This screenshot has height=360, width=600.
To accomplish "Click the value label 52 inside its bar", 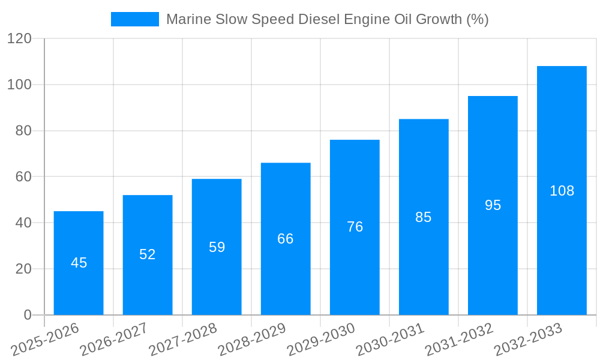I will coord(148,254).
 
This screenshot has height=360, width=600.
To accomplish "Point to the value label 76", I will coord(355,227).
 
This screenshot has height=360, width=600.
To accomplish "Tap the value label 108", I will coord(562,191).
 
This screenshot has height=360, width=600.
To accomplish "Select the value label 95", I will coord(493,205).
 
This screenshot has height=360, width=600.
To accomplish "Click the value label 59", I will coord(217,247).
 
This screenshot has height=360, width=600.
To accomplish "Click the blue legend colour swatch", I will coord(135,19).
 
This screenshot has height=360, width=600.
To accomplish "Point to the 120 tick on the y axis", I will coord(19,38).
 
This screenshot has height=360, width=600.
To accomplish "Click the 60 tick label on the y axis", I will coord(23,176).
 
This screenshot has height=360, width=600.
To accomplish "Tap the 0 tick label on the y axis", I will coord(27,315).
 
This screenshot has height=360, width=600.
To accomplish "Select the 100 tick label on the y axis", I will coord(19,85).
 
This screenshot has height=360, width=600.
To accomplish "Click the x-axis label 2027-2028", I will coord(182,340).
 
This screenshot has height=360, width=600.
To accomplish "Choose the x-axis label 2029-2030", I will coord(320,340).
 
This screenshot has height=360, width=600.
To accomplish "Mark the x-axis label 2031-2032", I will coord(458,340).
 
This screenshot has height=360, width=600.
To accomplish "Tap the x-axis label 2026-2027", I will coord(113,340).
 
